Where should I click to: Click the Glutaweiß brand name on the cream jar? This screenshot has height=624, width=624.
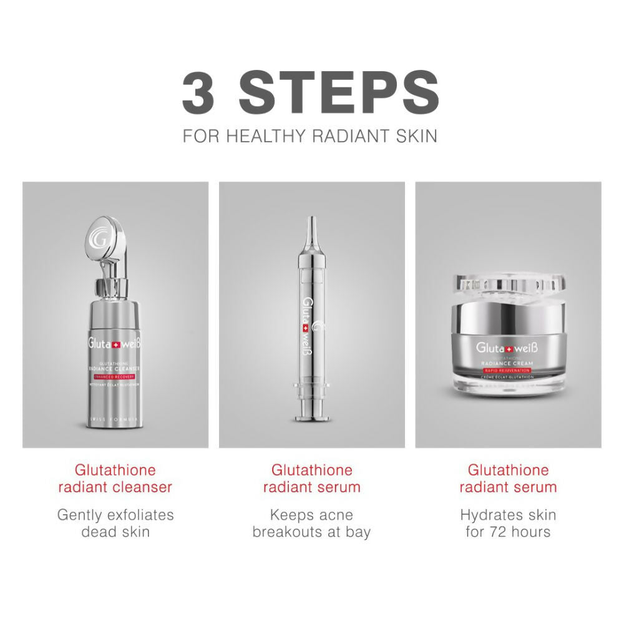pyautogui.click(x=508, y=348)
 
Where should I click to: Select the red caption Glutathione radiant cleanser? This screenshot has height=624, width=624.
pyautogui.click(x=115, y=478)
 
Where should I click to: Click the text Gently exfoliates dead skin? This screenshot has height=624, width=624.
pyautogui.click(x=115, y=524)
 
